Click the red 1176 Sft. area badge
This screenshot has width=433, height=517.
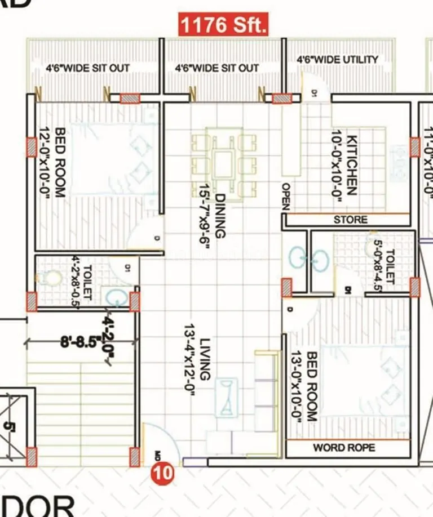(223, 25)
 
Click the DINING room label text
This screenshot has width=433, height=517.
(219, 216)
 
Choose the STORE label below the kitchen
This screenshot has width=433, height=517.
(350, 220)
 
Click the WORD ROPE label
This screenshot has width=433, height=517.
(344, 448)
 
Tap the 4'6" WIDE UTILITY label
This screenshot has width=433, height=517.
(337, 59)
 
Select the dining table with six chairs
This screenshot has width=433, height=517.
(224, 163)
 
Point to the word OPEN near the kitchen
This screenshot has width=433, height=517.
(286, 197)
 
